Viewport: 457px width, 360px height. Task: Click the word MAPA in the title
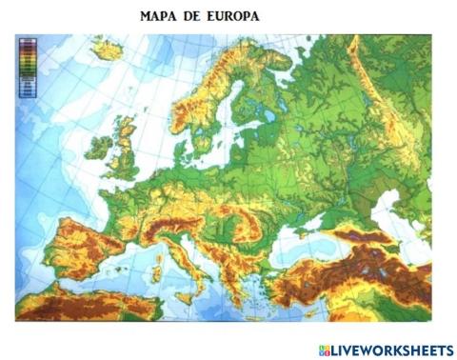point(159,17)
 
